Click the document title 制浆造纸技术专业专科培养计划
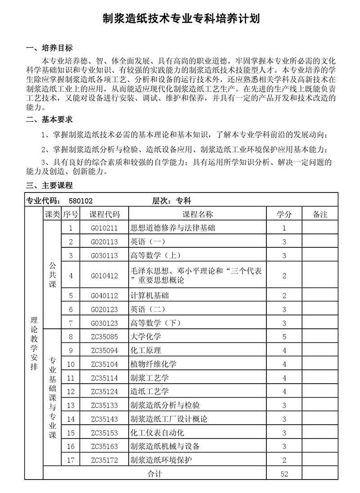(180, 18)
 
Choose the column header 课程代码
(105, 215)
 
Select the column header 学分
(284, 215)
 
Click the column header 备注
(320, 215)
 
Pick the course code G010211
(104, 228)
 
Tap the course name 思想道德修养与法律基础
(173, 228)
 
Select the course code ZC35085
(104, 336)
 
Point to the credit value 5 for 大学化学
(284, 336)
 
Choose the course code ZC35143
(104, 419)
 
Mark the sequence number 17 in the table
(70, 460)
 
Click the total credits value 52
(284, 474)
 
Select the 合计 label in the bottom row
(155, 474)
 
